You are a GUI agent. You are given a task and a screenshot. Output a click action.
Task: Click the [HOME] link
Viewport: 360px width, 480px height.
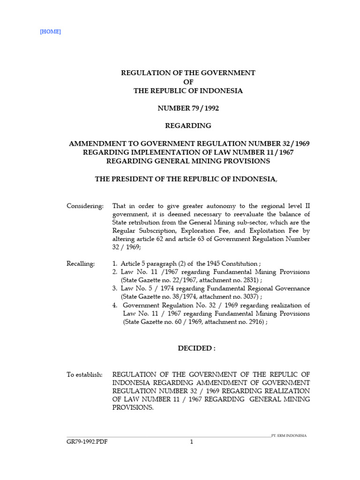51,32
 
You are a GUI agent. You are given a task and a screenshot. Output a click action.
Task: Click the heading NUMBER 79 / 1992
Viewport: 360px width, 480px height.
188,108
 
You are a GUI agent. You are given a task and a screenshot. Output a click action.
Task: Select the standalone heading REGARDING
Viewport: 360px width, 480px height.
188,126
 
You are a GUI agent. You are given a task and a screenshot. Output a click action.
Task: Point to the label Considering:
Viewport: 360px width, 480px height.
85,206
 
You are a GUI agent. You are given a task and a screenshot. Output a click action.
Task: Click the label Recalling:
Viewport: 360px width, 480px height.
81,264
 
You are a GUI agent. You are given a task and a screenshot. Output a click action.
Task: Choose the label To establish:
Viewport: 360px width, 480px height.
84,374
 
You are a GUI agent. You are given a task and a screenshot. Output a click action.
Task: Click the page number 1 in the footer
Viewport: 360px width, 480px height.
191,441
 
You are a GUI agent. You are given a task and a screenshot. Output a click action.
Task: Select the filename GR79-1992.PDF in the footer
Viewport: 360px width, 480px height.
87,441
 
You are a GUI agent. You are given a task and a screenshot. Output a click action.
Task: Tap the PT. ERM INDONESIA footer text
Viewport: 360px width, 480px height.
290,435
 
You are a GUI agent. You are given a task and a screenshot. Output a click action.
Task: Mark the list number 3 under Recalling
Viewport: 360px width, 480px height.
115,288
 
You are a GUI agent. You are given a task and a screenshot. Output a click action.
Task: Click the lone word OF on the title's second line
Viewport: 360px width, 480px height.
188,82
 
